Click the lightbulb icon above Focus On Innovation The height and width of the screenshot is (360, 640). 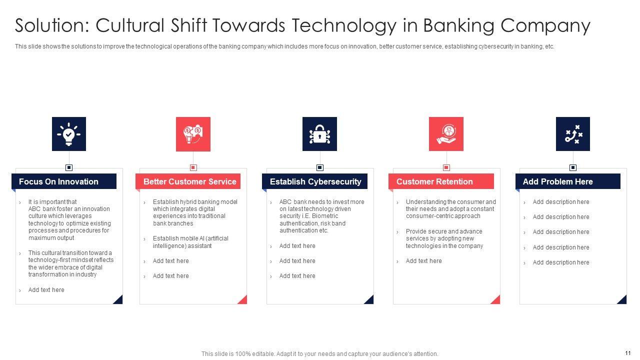[x=69, y=134]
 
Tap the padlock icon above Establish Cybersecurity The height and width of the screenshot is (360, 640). [x=319, y=134]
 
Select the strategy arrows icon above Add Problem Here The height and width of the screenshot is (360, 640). [x=573, y=134]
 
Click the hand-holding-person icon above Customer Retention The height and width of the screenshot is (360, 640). [x=446, y=134]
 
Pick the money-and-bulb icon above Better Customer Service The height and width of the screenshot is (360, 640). [x=193, y=134]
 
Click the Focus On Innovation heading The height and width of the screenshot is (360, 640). [x=58, y=181]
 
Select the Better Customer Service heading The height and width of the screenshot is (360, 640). [x=189, y=181]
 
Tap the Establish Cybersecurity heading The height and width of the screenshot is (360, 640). [x=315, y=181]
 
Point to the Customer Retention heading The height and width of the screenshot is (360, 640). [x=434, y=181]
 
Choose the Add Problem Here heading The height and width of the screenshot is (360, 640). [x=557, y=181]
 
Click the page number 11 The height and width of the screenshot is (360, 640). [x=627, y=353]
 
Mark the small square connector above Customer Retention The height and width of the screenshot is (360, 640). [x=446, y=167]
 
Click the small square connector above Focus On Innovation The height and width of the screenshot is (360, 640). [x=69, y=167]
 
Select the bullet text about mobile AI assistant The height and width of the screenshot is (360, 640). [x=190, y=242]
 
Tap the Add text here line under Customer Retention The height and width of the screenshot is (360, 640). [x=423, y=261]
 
